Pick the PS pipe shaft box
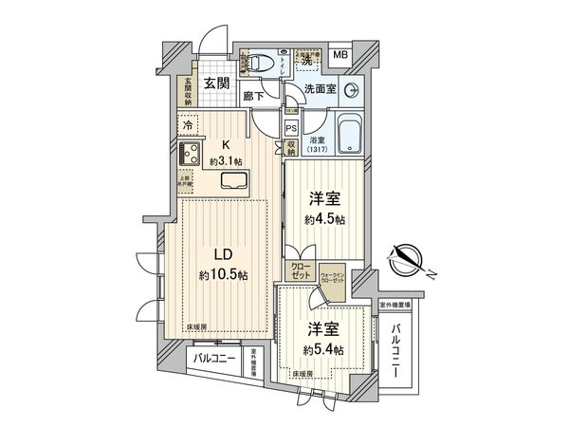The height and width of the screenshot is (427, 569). tap(292, 128)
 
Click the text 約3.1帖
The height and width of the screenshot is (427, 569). tap(228, 160)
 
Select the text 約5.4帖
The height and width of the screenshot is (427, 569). tap(324, 350)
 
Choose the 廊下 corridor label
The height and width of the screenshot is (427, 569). tap(253, 95)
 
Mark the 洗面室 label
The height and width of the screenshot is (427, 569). tap(320, 90)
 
